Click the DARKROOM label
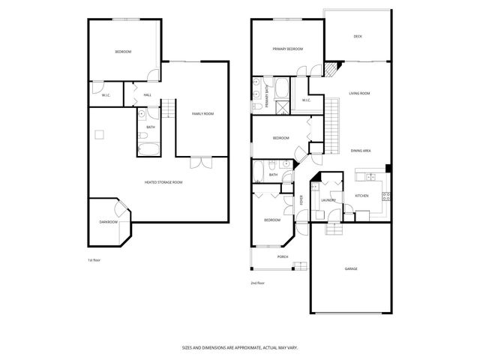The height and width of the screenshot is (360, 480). pyautogui.click(x=108, y=222)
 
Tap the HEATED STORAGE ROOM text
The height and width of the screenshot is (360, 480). pyautogui.click(x=163, y=181)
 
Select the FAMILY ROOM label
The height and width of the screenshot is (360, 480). pyautogui.click(x=202, y=113)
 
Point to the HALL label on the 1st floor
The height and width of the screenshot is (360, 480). pyautogui.click(x=147, y=94)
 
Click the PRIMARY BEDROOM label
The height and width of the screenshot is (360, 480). pyautogui.click(x=288, y=49)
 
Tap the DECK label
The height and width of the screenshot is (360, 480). pyautogui.click(x=358, y=36)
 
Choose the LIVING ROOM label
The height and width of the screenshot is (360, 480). pyautogui.click(x=360, y=94)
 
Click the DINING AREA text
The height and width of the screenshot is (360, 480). pyautogui.click(x=360, y=151)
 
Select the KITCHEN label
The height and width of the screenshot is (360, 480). pyautogui.click(x=361, y=196)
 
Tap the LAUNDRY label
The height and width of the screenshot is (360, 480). pyautogui.click(x=328, y=200)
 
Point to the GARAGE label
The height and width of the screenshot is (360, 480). pyautogui.click(x=351, y=268)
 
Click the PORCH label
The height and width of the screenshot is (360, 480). pyautogui.click(x=283, y=256)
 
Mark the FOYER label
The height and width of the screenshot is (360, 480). pyautogui.click(x=301, y=200)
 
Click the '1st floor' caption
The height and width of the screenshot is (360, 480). pyautogui.click(x=94, y=259)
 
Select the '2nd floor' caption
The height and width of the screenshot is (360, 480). pyautogui.click(x=257, y=283)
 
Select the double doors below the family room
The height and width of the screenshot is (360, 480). pyautogui.click(x=200, y=160)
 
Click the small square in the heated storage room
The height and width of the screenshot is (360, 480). pyautogui.click(x=98, y=135)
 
